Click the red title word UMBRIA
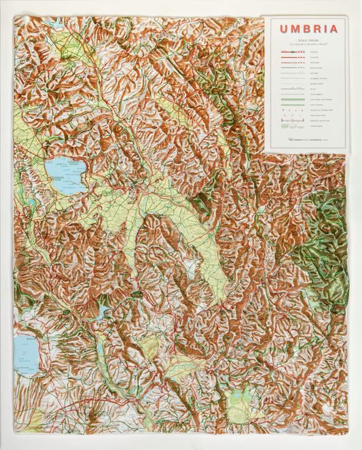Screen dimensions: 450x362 pyautogui.click(x=308, y=29)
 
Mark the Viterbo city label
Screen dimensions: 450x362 pyautogui.click(x=52, y=414)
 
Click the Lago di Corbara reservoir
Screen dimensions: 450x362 pyautogui.click(x=102, y=313)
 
